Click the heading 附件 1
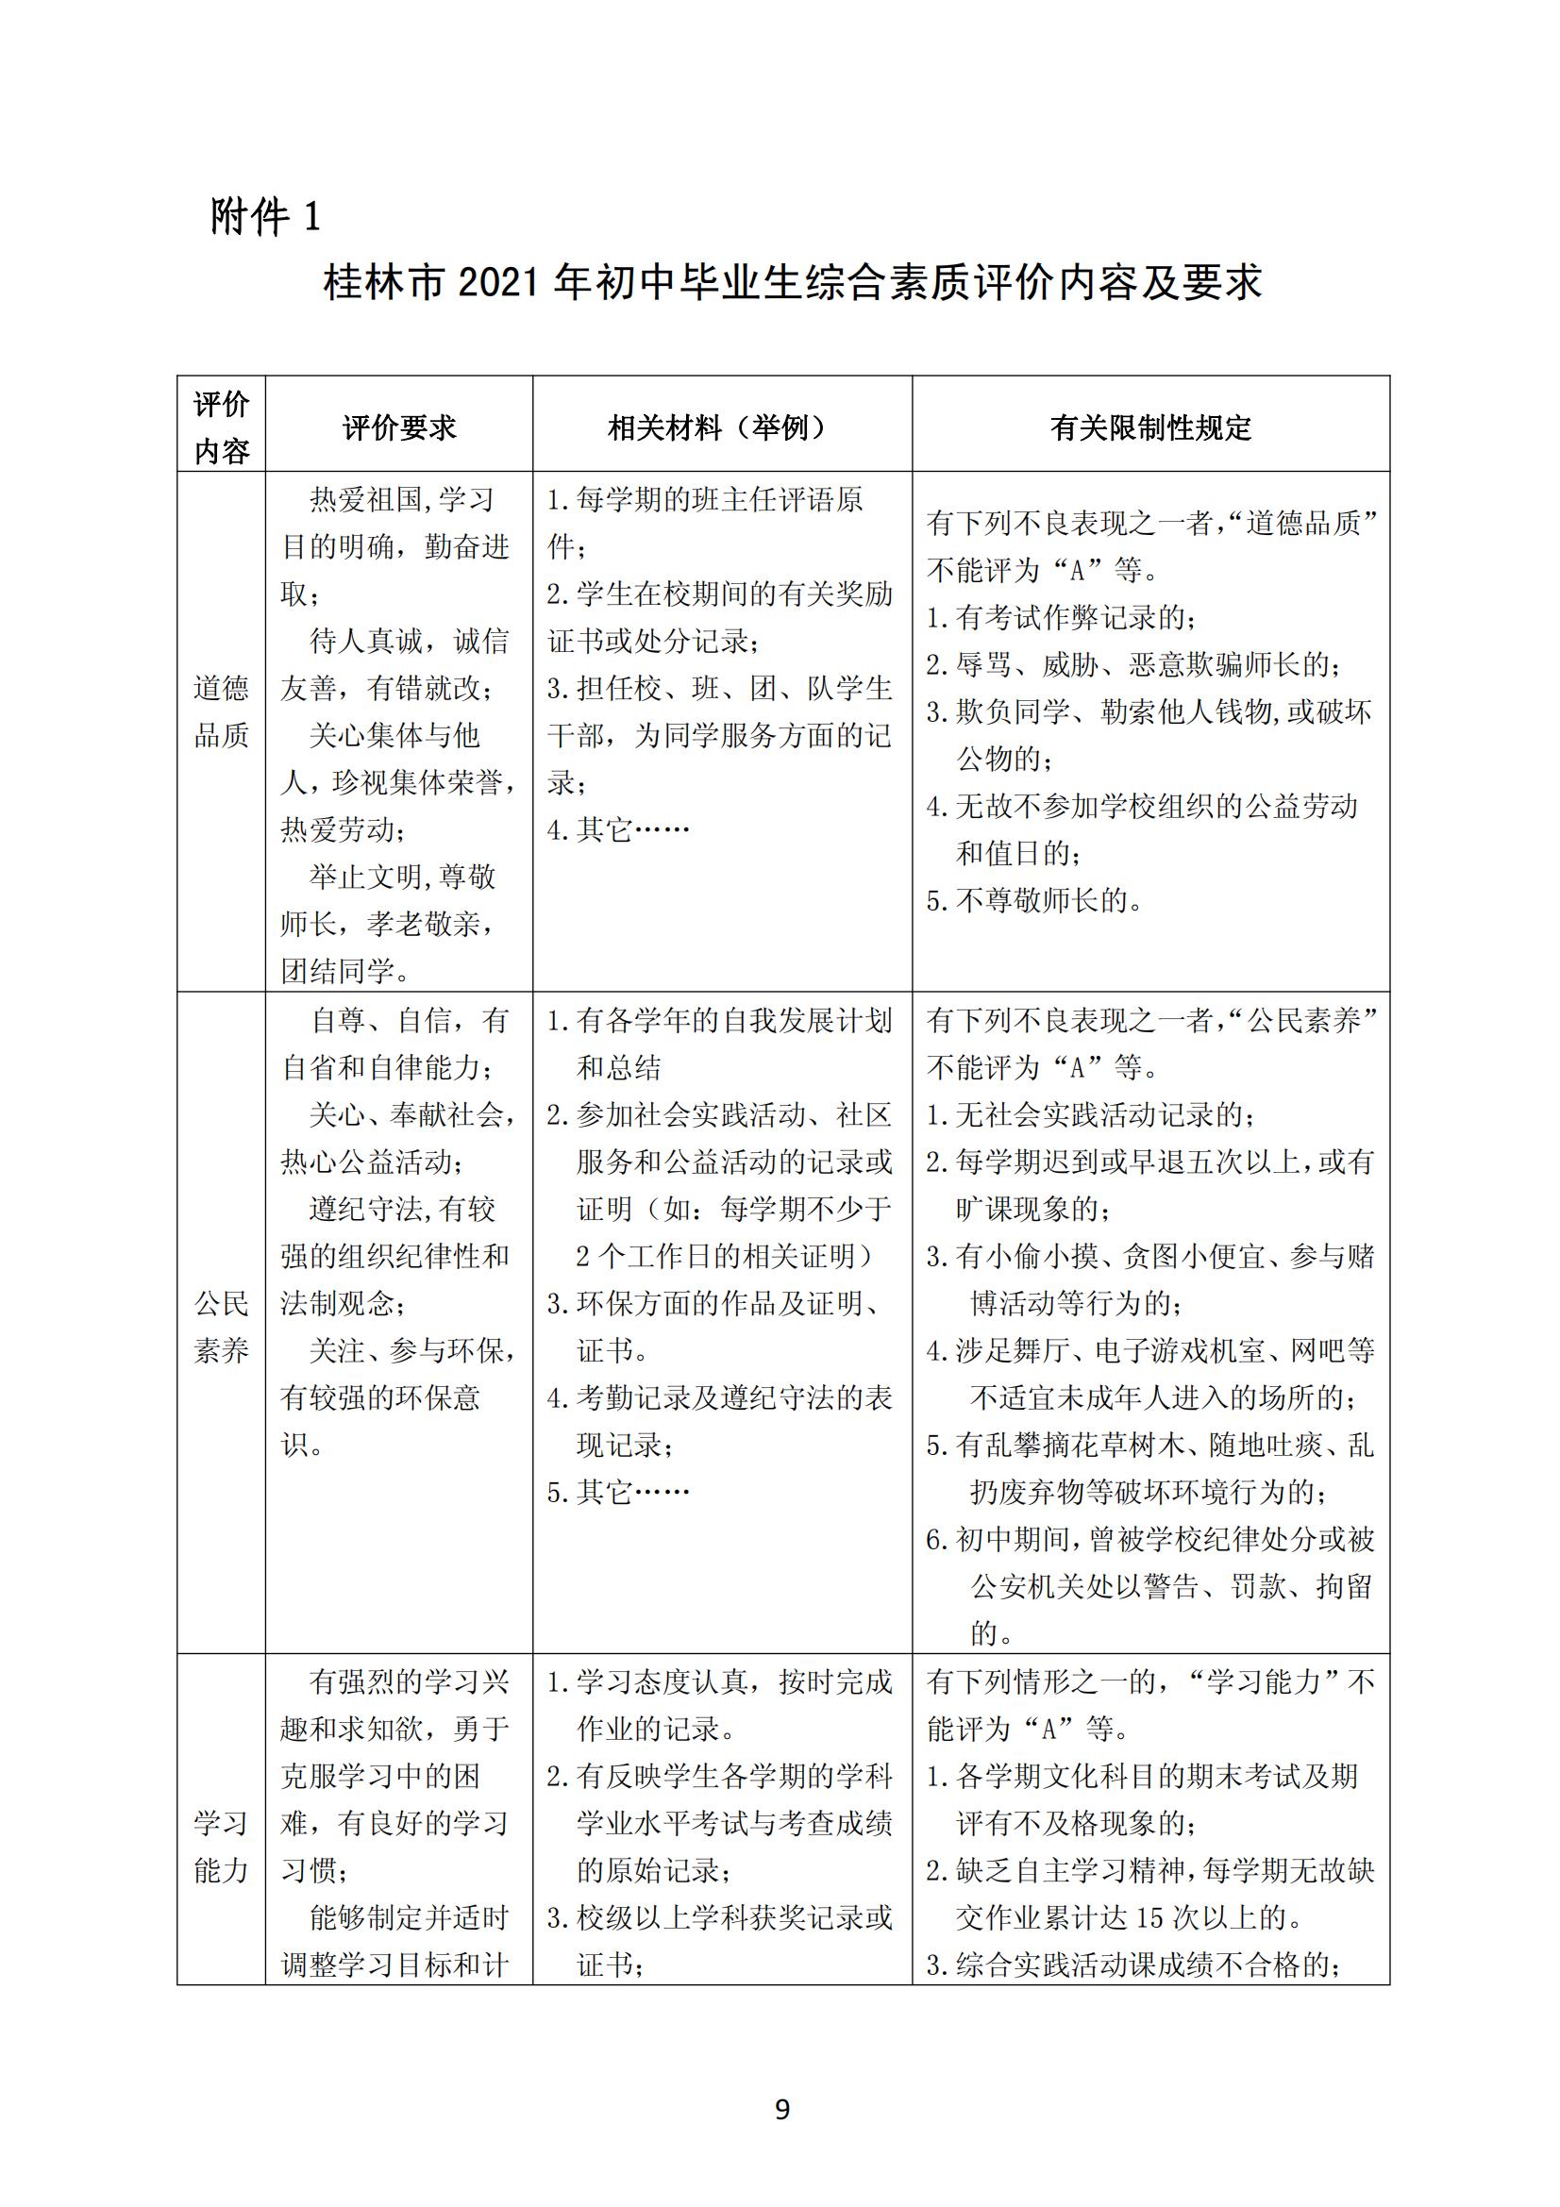click(x=265, y=217)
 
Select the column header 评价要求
click(x=399, y=427)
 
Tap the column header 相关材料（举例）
click(x=721, y=427)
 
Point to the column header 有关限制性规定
click(x=1150, y=427)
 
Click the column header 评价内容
click(x=221, y=427)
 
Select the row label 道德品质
click(x=221, y=711)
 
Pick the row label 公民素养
click(x=221, y=1327)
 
